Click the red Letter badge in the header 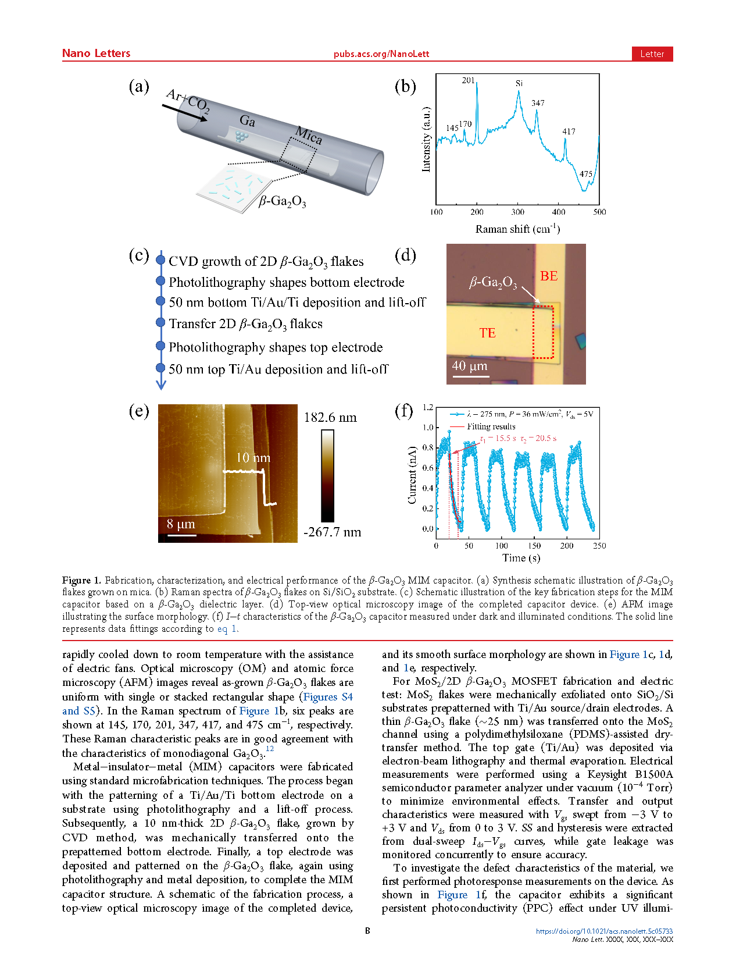652,54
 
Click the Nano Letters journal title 96,54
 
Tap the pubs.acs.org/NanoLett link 381,54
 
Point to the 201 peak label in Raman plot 468,80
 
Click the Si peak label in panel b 519,84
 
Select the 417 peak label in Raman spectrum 569,131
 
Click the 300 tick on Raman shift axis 517,212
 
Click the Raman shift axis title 517,229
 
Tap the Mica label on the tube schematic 308,136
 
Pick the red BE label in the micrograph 549,276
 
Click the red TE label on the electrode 487,333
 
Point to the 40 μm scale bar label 470,366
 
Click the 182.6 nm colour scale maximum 330,418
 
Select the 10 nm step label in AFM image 253,458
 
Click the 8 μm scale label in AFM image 181,524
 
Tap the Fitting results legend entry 491,426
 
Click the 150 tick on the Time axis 534,546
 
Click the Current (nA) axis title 412,475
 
